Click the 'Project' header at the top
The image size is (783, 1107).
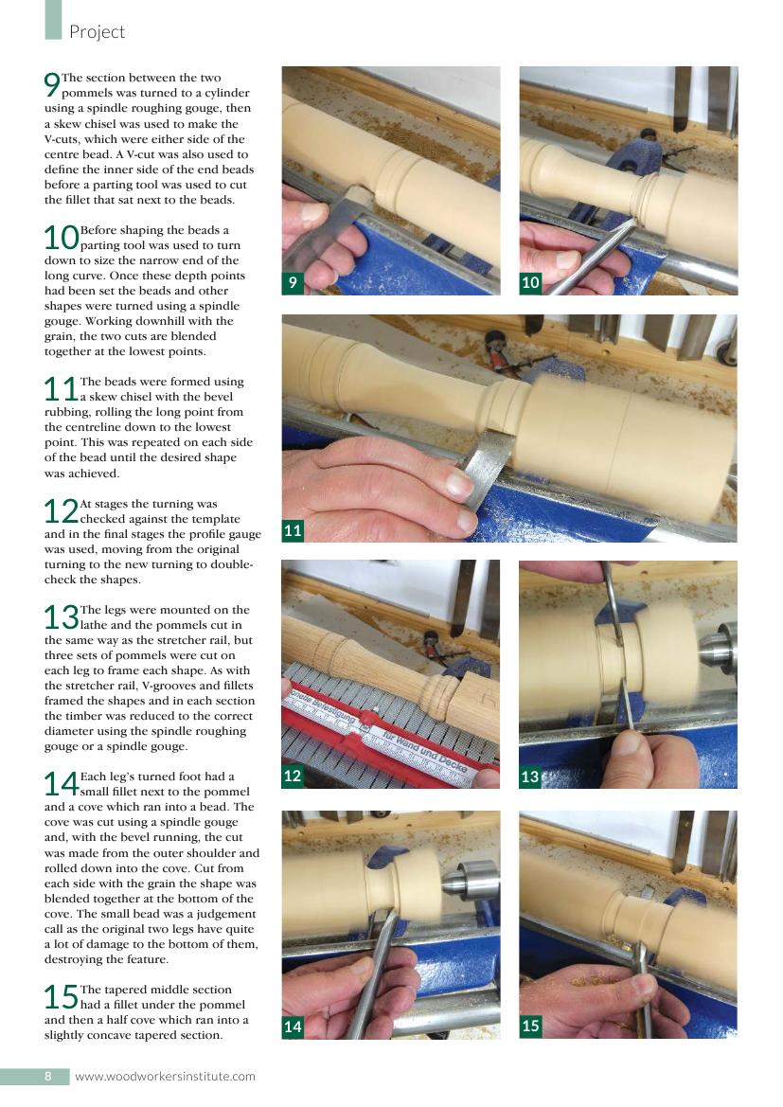pyautogui.click(x=97, y=32)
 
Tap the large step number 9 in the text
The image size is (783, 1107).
pyautogui.click(x=51, y=84)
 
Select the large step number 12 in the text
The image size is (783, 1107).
pyautogui.click(x=61, y=511)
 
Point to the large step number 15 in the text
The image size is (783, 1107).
pyautogui.click(x=61, y=997)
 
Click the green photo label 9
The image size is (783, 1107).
pyautogui.click(x=293, y=282)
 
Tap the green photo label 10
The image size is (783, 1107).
pyautogui.click(x=530, y=282)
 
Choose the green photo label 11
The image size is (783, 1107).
pyautogui.click(x=293, y=530)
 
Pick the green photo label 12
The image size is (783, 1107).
pyautogui.click(x=293, y=776)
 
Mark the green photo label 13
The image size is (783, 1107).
pyautogui.click(x=530, y=777)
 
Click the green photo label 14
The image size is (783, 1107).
pyautogui.click(x=293, y=1027)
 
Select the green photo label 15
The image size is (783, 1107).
pyautogui.click(x=530, y=1026)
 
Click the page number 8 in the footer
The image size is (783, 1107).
pyautogui.click(x=48, y=1076)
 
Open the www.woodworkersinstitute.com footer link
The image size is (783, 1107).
pyautogui.click(x=165, y=1077)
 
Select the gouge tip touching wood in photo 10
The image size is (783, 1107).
pyautogui.click(x=632, y=223)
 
